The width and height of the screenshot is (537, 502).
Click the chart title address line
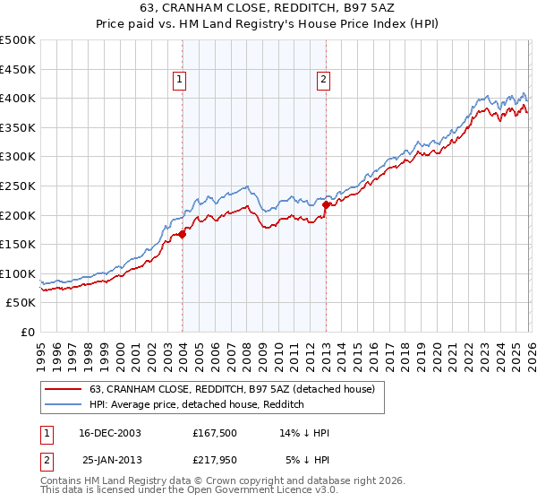268,7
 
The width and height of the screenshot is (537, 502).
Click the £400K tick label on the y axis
18,98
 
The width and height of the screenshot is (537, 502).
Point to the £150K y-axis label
18,244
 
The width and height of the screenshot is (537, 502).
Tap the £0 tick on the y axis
29,332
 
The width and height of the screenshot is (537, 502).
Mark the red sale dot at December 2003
183,234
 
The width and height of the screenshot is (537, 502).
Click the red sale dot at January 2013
326,204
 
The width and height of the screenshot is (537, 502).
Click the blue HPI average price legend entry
197,405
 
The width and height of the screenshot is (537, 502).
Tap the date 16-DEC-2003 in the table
109,433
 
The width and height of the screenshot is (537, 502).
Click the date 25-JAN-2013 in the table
109,461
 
